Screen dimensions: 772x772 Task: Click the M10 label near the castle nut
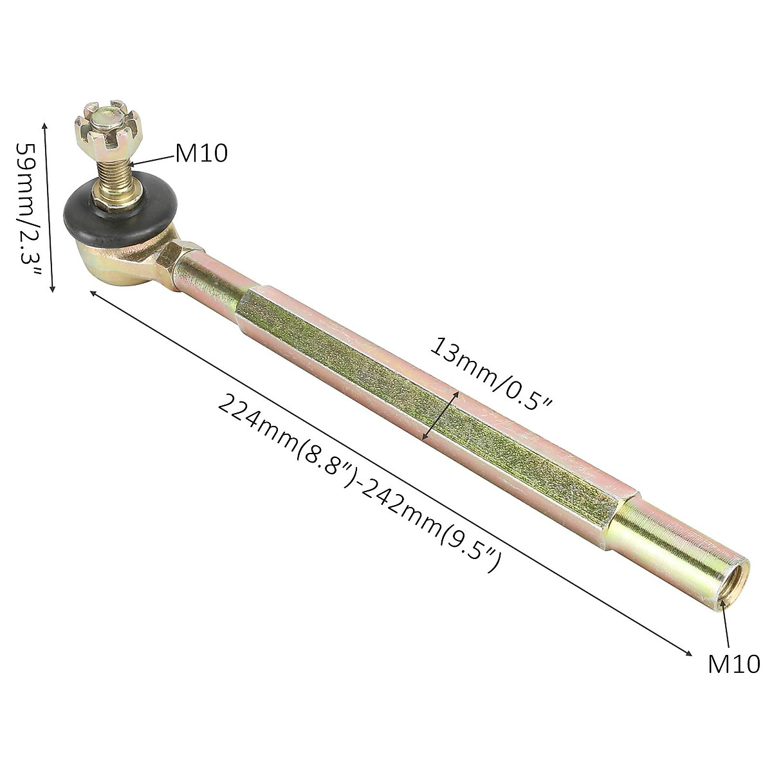(x=201, y=154)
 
